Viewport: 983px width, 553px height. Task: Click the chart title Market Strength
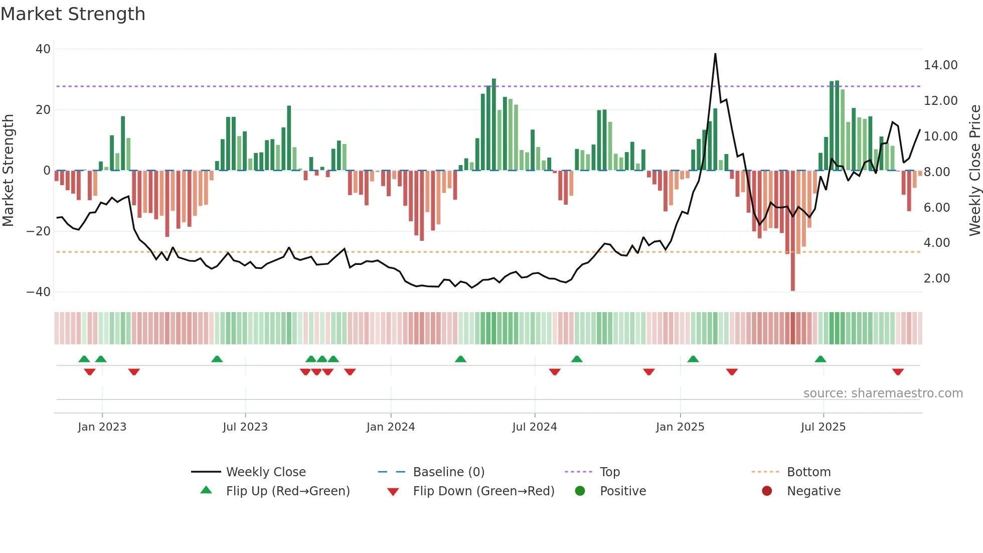point(73,14)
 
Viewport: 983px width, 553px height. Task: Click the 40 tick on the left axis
point(43,49)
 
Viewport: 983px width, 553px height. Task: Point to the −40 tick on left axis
point(39,292)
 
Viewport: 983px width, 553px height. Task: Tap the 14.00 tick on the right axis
point(940,65)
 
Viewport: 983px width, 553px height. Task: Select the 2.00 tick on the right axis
point(936,279)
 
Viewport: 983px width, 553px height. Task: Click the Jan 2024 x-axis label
point(391,427)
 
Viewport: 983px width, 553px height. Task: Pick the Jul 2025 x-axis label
point(823,427)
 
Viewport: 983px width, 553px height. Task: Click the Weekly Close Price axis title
point(974,171)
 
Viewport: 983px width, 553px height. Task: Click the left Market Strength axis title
point(8,171)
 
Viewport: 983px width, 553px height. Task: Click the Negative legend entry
point(813,491)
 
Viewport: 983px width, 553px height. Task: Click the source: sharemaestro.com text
point(883,393)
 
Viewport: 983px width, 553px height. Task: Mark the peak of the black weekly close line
point(715,54)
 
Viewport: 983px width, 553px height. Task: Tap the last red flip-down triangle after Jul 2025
point(898,372)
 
